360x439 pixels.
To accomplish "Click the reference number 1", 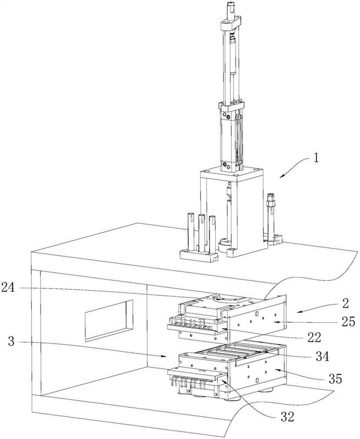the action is pyautogui.click(x=316, y=158).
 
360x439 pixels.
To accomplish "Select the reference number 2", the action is pyautogui.click(x=345, y=303).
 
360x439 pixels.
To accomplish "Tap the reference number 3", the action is pyautogui.click(x=11, y=341).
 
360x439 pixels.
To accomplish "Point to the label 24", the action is pyautogui.click(x=8, y=288).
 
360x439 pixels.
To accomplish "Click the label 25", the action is pyautogui.click(x=348, y=322).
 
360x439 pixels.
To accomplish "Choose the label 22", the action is pyautogui.click(x=314, y=337).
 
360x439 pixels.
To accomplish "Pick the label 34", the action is pyautogui.click(x=322, y=356).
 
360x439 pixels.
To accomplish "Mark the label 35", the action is pyautogui.click(x=335, y=379).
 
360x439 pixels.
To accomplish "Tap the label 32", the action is pyautogui.click(x=288, y=417).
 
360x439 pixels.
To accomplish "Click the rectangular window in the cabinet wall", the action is pyautogui.click(x=109, y=321).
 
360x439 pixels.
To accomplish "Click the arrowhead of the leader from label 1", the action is pyautogui.click(x=282, y=176).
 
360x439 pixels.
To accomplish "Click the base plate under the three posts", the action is pyautogui.click(x=199, y=256).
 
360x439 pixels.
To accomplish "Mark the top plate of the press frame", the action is pyautogui.click(x=232, y=173).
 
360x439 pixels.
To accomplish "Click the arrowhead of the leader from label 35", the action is pyautogui.click(x=277, y=370).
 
